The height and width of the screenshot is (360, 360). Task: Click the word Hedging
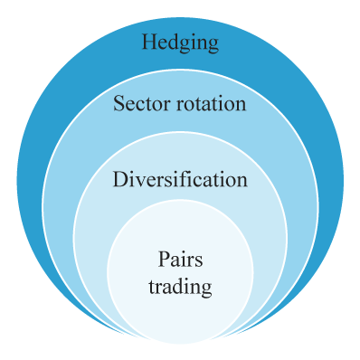[180, 43]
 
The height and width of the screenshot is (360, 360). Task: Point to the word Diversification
[180, 179]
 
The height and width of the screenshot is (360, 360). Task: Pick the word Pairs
[180, 260]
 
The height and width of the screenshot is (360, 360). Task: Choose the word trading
[180, 288]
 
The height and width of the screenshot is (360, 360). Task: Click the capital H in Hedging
[148, 43]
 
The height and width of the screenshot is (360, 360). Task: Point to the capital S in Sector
[118, 104]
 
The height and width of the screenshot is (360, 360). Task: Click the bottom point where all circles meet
[180, 344]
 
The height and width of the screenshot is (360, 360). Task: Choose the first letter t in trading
[152, 288]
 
